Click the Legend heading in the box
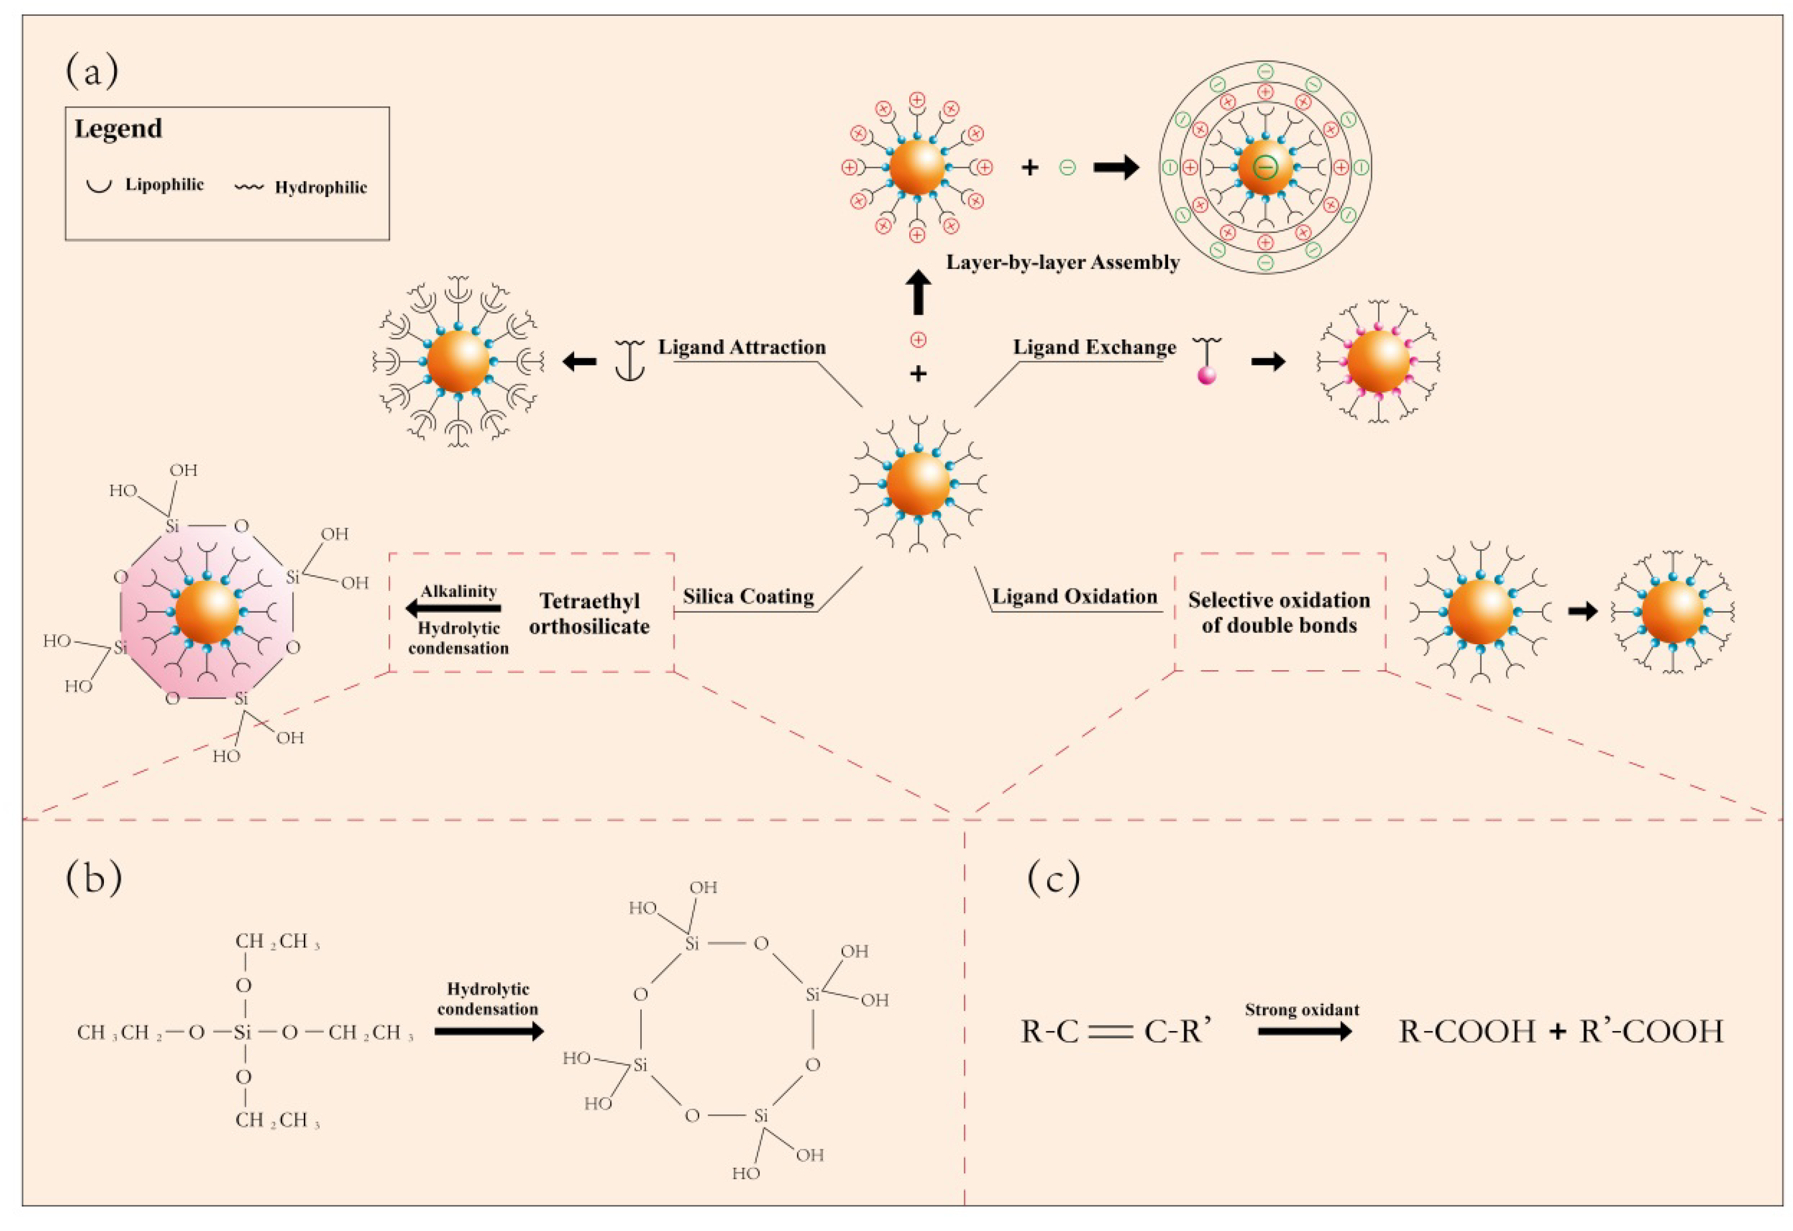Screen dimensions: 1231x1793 [118, 128]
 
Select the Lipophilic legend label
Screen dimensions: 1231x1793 [165, 185]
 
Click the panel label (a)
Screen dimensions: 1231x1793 [92, 72]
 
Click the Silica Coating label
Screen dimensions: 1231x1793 [748, 597]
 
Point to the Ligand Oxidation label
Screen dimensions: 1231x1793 [1074, 597]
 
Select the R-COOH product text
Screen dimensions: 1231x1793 [1466, 1031]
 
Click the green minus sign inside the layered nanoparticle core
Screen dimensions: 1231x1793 [1265, 167]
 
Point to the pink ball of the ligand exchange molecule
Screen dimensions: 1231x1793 [1206, 375]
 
